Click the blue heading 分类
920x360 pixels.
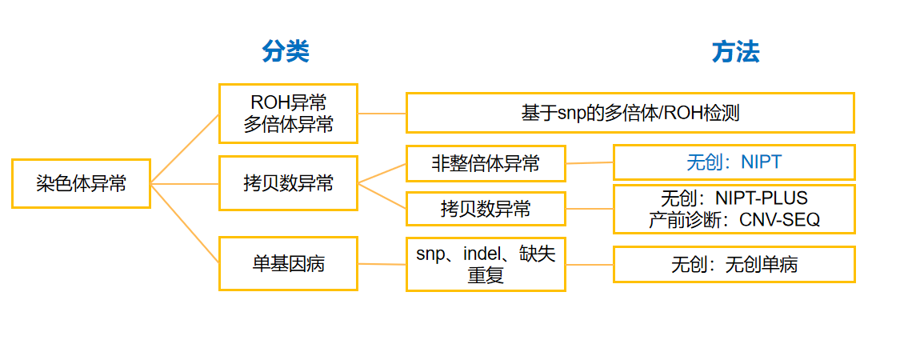coord(285,52)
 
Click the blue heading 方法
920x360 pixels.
coord(734,52)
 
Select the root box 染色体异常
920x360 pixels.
coord(81,183)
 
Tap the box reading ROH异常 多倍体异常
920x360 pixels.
coord(288,114)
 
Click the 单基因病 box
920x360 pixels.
coord(288,263)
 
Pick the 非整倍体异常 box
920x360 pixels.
coord(486,163)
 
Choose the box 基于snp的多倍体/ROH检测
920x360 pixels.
coord(630,113)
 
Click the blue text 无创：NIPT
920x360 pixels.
coord(734,162)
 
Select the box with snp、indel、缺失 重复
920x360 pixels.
coord(486,264)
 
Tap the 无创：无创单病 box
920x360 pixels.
coord(734,264)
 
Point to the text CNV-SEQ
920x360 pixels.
coord(781,219)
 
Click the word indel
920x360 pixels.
coord(487,254)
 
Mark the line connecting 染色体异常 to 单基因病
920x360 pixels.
coord(185,224)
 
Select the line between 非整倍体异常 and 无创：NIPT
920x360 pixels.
coord(590,162)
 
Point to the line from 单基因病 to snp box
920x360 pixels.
coord(382,263)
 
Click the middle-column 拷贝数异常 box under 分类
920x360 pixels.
coord(288,183)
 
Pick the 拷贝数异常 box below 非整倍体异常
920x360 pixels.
coord(486,209)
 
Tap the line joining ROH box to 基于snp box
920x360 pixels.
coord(382,113)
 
